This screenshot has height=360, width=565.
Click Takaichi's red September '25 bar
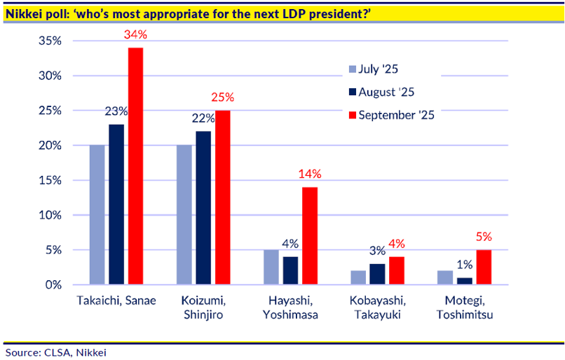click(x=135, y=166)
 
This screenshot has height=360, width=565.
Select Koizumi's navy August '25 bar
click(x=203, y=207)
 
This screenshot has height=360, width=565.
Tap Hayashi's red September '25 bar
click(x=309, y=235)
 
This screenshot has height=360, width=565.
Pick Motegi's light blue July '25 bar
click(x=445, y=277)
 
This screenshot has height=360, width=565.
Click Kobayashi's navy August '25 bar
click(x=376, y=274)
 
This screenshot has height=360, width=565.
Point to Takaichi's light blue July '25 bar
click(x=97, y=214)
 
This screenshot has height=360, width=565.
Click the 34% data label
click(x=135, y=34)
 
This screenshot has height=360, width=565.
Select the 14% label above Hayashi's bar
click(x=309, y=174)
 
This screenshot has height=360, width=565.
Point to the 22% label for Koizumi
click(x=202, y=118)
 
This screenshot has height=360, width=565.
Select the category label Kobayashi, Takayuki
click(x=376, y=308)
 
